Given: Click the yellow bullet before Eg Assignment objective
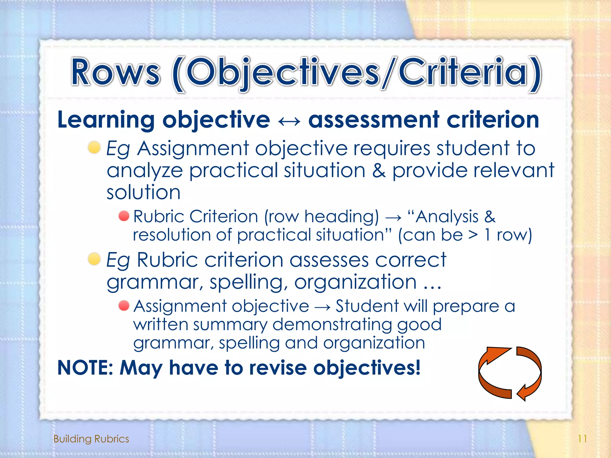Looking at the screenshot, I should tap(94, 148).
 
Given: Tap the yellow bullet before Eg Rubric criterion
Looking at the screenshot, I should tap(94, 259).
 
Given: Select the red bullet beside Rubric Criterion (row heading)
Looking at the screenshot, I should tap(124, 216).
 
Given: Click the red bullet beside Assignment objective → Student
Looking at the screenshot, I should tap(124, 306).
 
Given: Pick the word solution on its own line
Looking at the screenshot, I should tap(144, 192).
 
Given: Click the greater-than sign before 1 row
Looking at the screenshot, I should tap(473, 235).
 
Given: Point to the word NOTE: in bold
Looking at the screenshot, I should tap(85, 368).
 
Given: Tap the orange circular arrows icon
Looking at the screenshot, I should tap(510, 373).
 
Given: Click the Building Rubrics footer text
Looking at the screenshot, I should tap(91, 439).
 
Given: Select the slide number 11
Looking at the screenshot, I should tap(582, 439).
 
